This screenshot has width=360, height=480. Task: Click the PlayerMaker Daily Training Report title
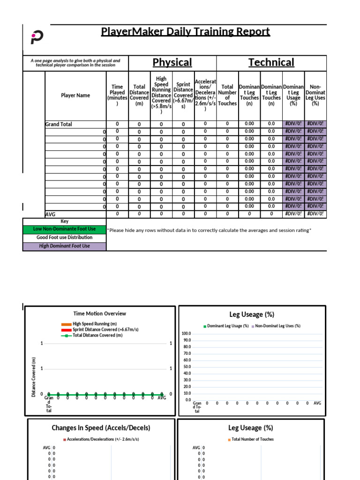[186, 32]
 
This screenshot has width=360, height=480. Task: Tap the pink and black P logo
[37, 38]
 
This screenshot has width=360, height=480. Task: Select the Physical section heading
[172, 62]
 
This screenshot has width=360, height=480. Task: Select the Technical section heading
[271, 62]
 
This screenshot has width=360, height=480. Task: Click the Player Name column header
[75, 95]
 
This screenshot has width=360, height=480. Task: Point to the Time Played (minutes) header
[117, 95]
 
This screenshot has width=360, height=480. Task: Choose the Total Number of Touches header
[227, 95]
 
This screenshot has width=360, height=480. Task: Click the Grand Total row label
[59, 124]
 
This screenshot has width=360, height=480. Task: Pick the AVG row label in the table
[50, 214]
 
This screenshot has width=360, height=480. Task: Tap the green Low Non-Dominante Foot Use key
[65, 229]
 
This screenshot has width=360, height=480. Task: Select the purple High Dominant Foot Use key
[65, 246]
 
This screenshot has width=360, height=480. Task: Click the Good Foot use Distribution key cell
[65, 238]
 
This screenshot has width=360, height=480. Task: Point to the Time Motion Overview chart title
[99, 314]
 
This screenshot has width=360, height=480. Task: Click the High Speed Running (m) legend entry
[91, 324]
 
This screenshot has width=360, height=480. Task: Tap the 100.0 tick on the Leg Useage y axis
[187, 333]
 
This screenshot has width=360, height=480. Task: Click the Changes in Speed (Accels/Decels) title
[101, 427]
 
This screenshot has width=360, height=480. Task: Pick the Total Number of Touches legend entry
[252, 439]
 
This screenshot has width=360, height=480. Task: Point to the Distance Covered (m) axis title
[34, 377]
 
